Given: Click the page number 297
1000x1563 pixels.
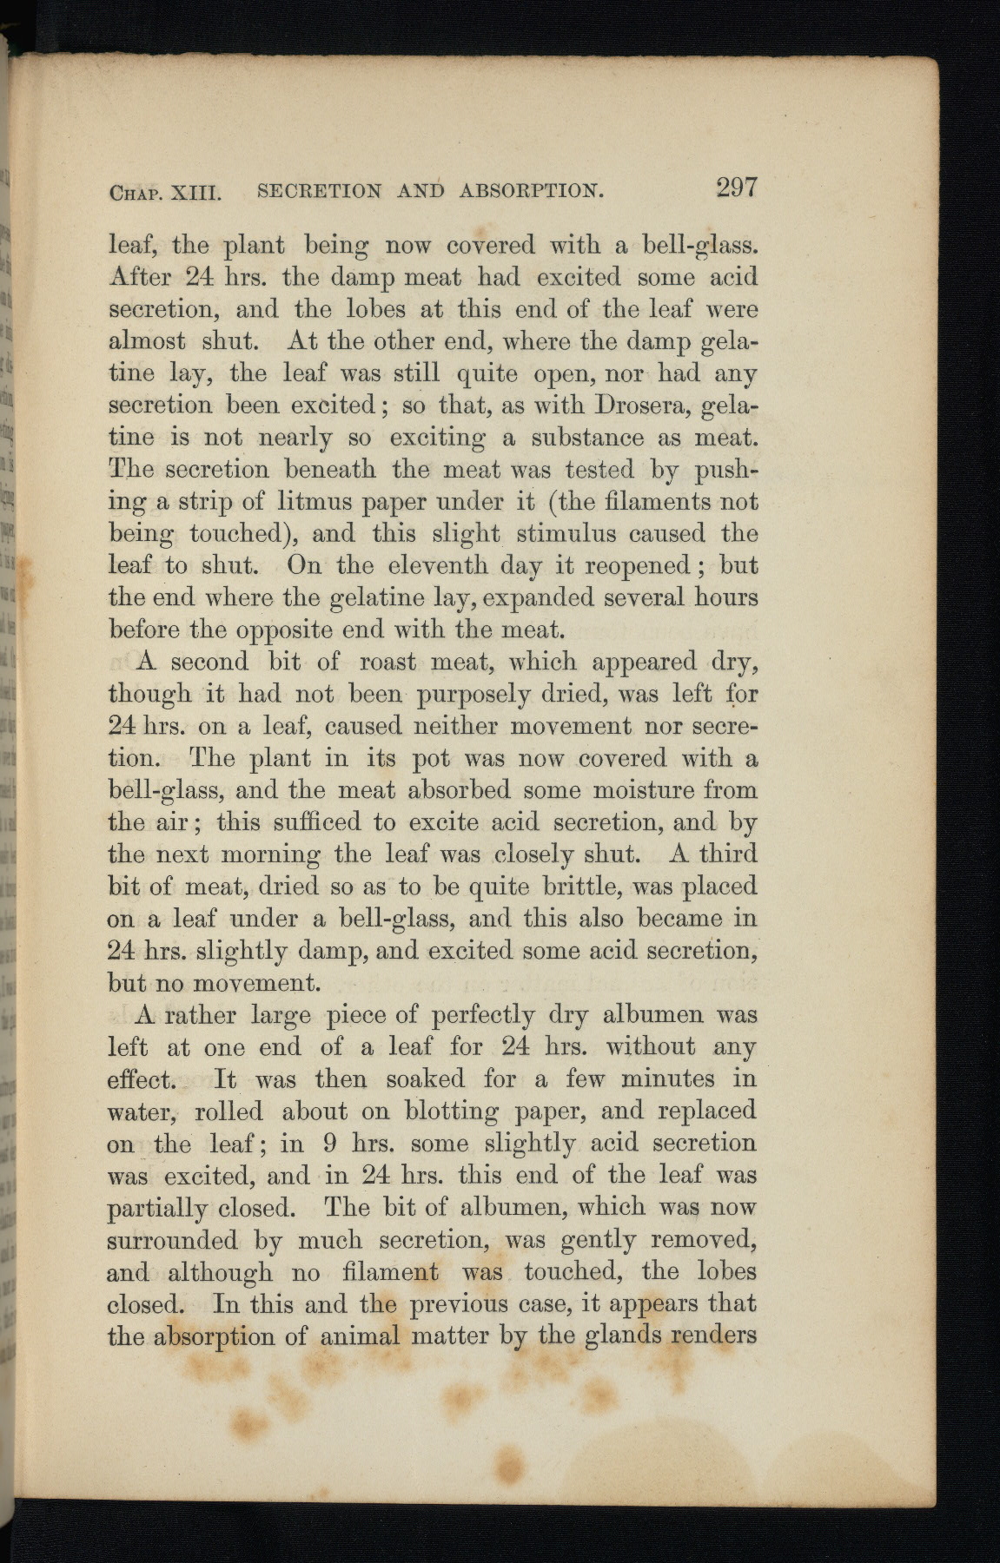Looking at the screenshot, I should coord(737,188).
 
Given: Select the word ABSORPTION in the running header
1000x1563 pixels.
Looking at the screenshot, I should coord(531,190).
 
